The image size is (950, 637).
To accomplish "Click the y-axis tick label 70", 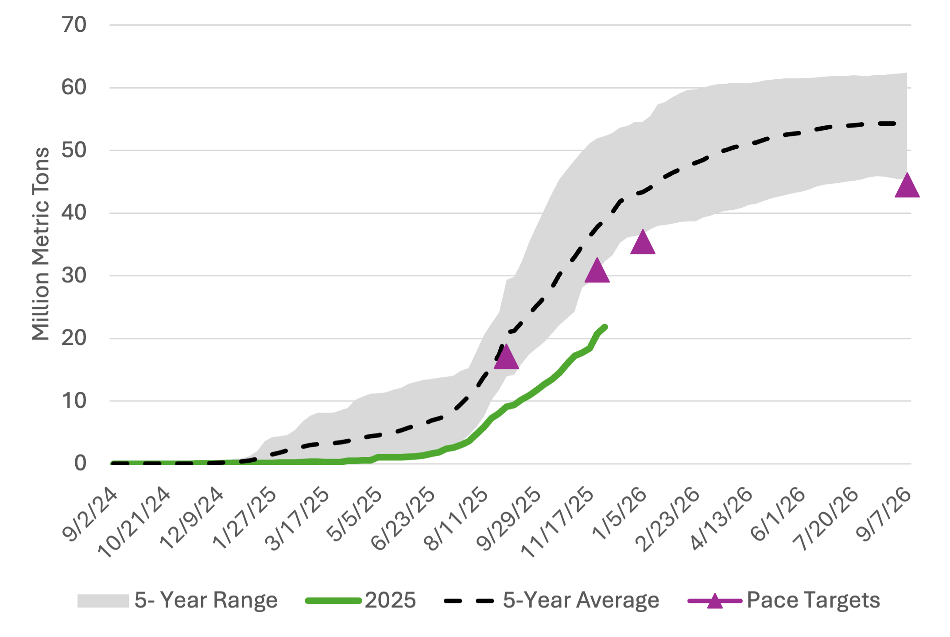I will pyautogui.click(x=74, y=25).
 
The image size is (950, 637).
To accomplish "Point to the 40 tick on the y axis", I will pyautogui.click(x=74, y=213).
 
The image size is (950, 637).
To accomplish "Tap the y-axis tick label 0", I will pyautogui.click(x=80, y=463).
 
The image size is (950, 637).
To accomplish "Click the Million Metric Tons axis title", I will pyautogui.click(x=41, y=244).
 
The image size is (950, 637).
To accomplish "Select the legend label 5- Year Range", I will pyautogui.click(x=206, y=600).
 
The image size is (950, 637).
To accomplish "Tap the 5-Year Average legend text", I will pyautogui.click(x=581, y=600).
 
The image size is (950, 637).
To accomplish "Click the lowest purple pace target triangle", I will pyautogui.click(x=506, y=358).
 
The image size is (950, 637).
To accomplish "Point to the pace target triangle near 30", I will pyautogui.click(x=597, y=271).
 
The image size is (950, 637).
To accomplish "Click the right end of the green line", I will pyautogui.click(x=605, y=327).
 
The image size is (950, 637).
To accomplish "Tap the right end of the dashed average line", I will pyautogui.click(x=895, y=124).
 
